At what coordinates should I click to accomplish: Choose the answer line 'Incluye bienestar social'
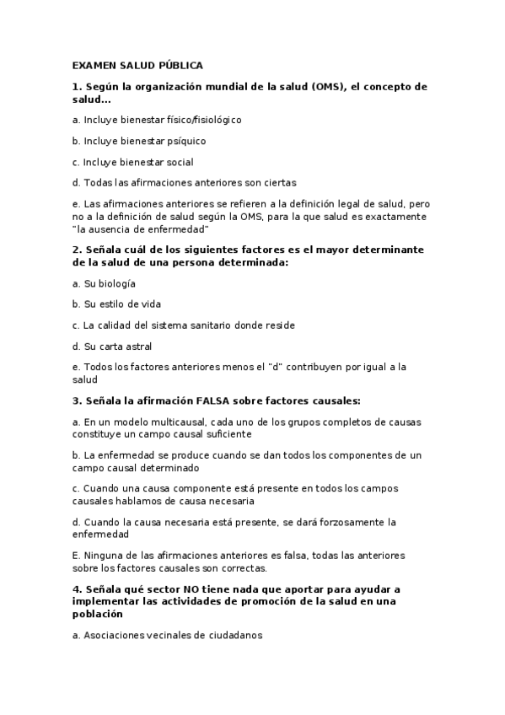(132, 161)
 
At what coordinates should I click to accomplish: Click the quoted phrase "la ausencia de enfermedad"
(141, 229)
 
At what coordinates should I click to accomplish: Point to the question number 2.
(76, 250)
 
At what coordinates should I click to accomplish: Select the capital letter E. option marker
(76, 556)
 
